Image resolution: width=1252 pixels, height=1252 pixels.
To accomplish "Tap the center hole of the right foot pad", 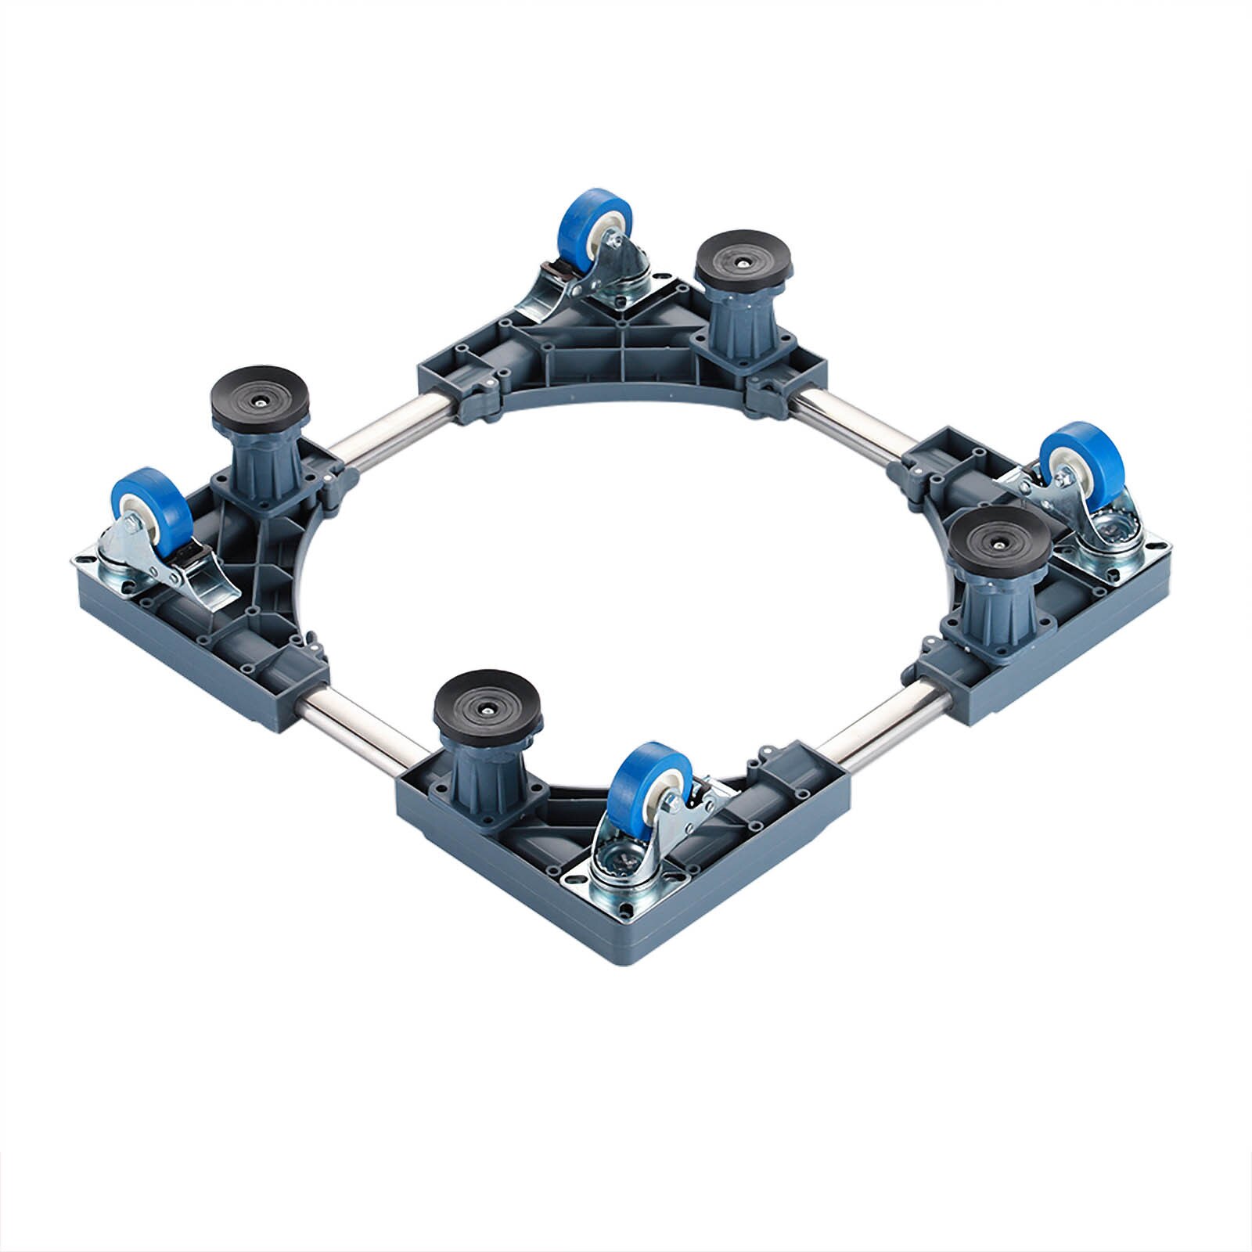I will coord(1002,540).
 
